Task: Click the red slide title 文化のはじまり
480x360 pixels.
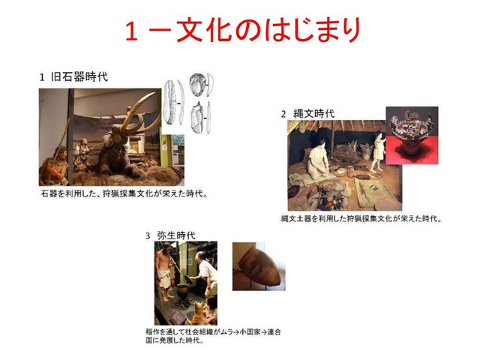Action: pyautogui.click(x=268, y=30)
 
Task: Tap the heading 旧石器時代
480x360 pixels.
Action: pyautogui.click(x=79, y=76)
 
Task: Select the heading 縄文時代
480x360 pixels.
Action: pyautogui.click(x=313, y=113)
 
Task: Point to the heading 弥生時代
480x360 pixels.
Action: pyautogui.click(x=176, y=235)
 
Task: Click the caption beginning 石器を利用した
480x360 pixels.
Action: pyautogui.click(x=124, y=193)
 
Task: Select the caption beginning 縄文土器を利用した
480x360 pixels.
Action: pyautogui.click(x=361, y=218)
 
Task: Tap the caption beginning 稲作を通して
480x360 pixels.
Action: pyautogui.click(x=213, y=336)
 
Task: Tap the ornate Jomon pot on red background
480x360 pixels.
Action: pyautogui.click(x=411, y=132)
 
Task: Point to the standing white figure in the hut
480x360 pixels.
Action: pyautogui.click(x=378, y=151)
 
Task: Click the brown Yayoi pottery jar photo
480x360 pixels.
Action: pyautogui.click(x=259, y=267)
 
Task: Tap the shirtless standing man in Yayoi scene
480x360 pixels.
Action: pyautogui.click(x=165, y=270)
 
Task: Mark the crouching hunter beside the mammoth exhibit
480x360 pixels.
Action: pyautogui.click(x=54, y=165)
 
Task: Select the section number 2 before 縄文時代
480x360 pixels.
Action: pyautogui.click(x=283, y=114)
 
